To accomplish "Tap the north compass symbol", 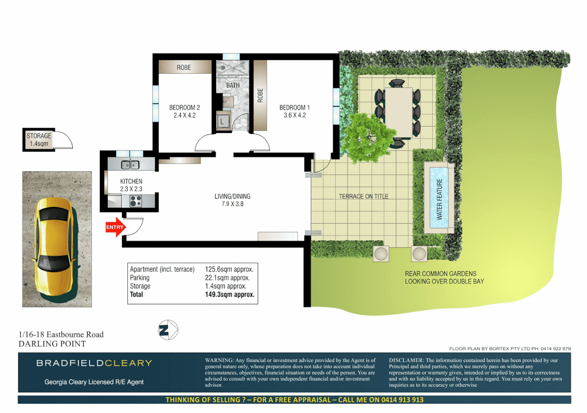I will pos(168,330).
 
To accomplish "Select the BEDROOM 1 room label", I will pos(294,111).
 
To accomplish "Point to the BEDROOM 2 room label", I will pos(184,111).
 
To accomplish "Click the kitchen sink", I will pos(130,165).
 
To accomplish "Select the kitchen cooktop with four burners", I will pos(136,201).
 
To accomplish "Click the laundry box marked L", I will pos(222,122).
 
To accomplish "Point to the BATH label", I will pos(233,85).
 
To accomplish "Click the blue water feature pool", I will pos(439,199).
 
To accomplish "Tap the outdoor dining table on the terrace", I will pos(398,111).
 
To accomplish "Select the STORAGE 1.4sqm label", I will pos(39,140).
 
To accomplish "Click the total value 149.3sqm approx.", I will pos(229,294).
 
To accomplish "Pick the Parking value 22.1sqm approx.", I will pos(227,278).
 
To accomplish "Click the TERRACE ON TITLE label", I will pos(363,196).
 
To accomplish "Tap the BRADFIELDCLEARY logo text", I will pos(94,363).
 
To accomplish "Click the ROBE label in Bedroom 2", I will pos(184,67).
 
